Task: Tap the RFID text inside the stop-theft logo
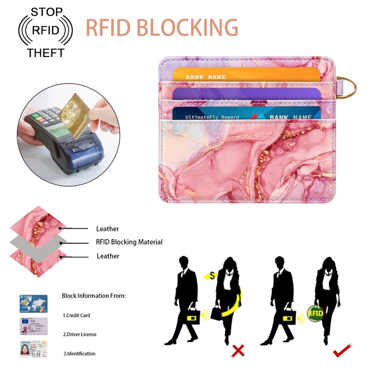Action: point(45,31)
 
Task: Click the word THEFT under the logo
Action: point(45,53)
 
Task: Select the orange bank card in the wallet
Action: point(246,75)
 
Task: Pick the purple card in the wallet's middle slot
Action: point(246,94)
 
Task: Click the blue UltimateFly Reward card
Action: point(246,114)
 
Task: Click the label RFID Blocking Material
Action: point(129,242)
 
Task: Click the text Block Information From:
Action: point(94,296)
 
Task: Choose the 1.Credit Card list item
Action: point(77,315)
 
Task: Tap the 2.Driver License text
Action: point(80,334)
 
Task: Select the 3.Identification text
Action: point(79,354)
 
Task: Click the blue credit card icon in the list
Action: point(33,304)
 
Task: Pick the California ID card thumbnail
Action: point(33,349)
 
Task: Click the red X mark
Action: point(238,351)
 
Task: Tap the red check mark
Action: point(342,350)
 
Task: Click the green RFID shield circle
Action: point(315,313)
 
